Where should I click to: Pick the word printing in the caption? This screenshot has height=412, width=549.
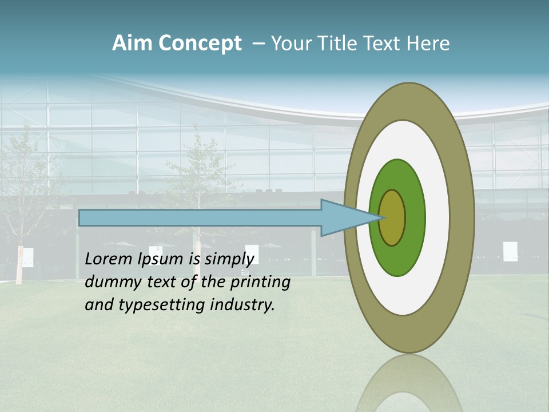(261, 282)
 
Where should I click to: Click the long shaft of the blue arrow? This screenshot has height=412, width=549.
(200, 218)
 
